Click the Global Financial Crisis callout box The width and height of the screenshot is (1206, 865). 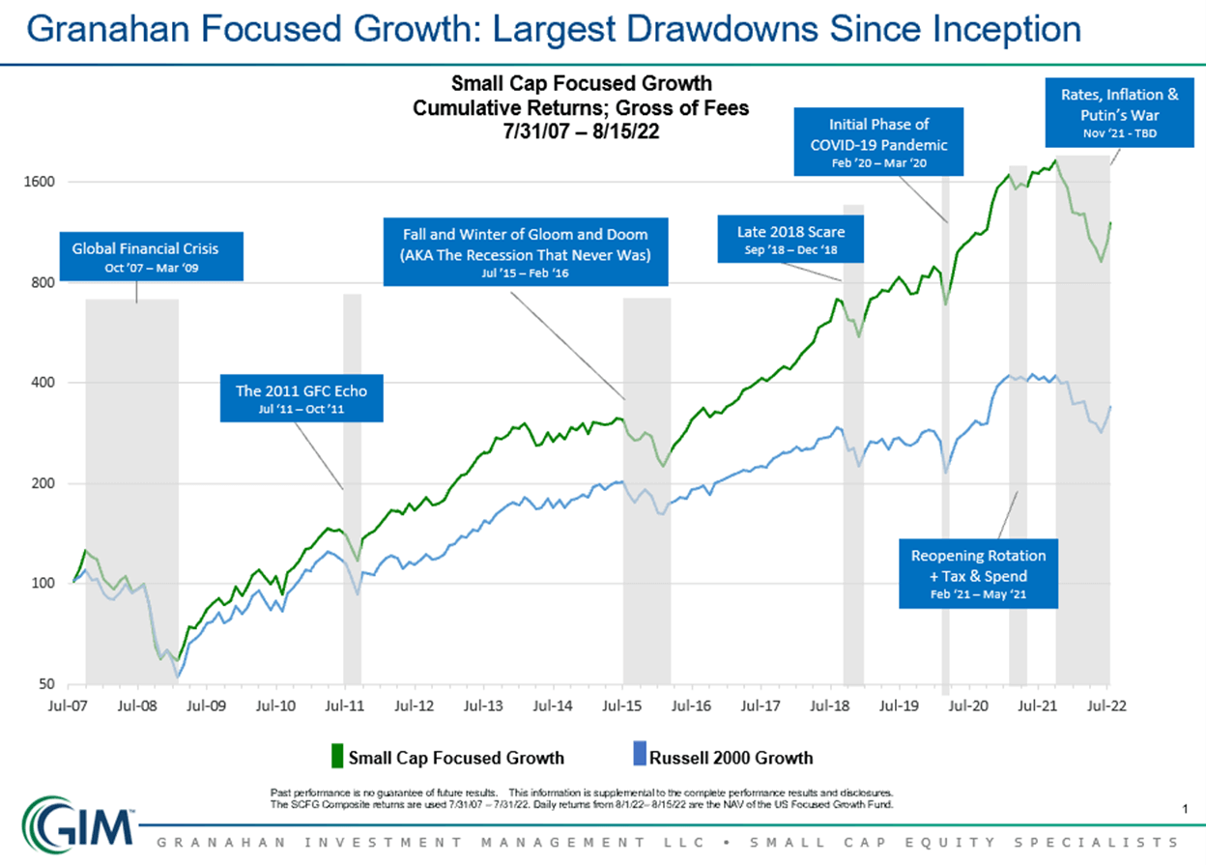145,255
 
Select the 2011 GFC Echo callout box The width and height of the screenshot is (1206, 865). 301,398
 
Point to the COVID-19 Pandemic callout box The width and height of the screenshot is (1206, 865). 878,141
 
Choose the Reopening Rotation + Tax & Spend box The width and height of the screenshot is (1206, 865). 978,573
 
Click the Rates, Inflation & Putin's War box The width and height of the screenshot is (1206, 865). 1119,111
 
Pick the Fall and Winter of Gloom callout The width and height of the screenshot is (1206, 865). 525,251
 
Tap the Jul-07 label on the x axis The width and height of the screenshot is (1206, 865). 69,706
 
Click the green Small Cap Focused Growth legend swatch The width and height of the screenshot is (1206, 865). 336,756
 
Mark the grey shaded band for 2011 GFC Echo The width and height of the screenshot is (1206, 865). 352,483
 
